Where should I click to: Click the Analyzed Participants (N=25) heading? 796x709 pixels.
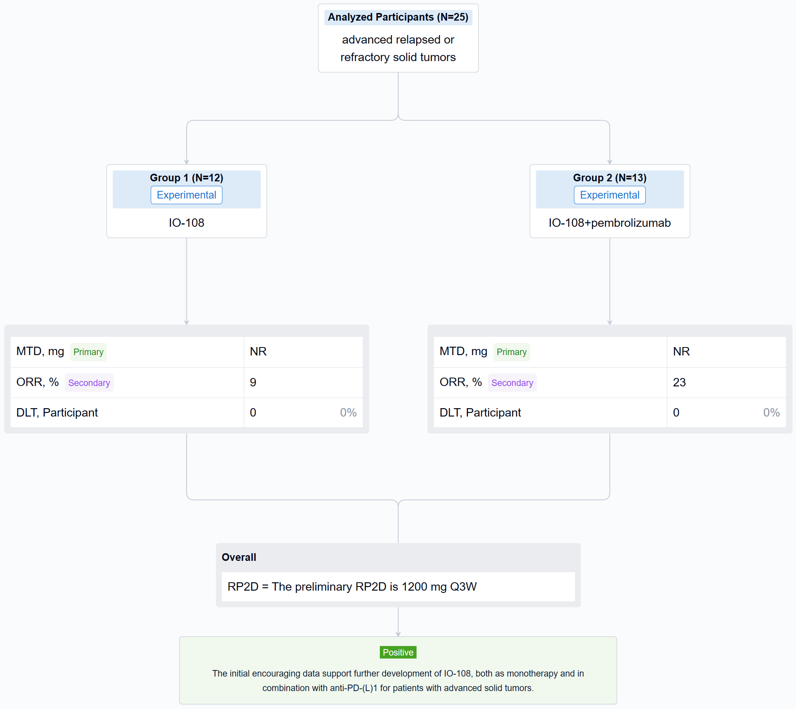coord(398,17)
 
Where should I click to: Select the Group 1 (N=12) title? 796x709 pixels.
coord(187,178)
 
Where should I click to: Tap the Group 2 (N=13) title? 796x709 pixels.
coord(609,178)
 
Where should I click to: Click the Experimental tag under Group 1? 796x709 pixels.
coord(187,195)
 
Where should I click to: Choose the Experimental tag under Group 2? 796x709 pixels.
coord(609,195)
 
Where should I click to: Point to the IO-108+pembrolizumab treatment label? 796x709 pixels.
coord(609,223)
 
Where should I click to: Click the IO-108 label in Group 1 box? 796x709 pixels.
coord(187,223)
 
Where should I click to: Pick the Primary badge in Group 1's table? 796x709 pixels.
coord(89,352)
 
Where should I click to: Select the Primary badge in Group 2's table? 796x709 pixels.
coord(511,352)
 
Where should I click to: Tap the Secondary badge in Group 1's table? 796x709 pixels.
coord(89,383)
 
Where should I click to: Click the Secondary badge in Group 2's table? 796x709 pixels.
coord(512,383)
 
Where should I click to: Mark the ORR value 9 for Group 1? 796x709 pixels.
coord(253,382)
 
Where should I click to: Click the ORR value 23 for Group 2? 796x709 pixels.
coord(679,382)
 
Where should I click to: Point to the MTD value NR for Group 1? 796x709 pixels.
coord(258,351)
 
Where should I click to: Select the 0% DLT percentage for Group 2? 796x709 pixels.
coord(771,413)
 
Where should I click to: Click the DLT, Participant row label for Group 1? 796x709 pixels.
coord(57,413)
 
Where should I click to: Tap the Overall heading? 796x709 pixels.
coord(239,557)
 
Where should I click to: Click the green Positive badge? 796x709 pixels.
coord(398,652)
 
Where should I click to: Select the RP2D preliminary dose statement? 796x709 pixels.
coord(352,587)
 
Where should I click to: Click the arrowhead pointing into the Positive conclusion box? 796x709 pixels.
coord(398,634)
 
